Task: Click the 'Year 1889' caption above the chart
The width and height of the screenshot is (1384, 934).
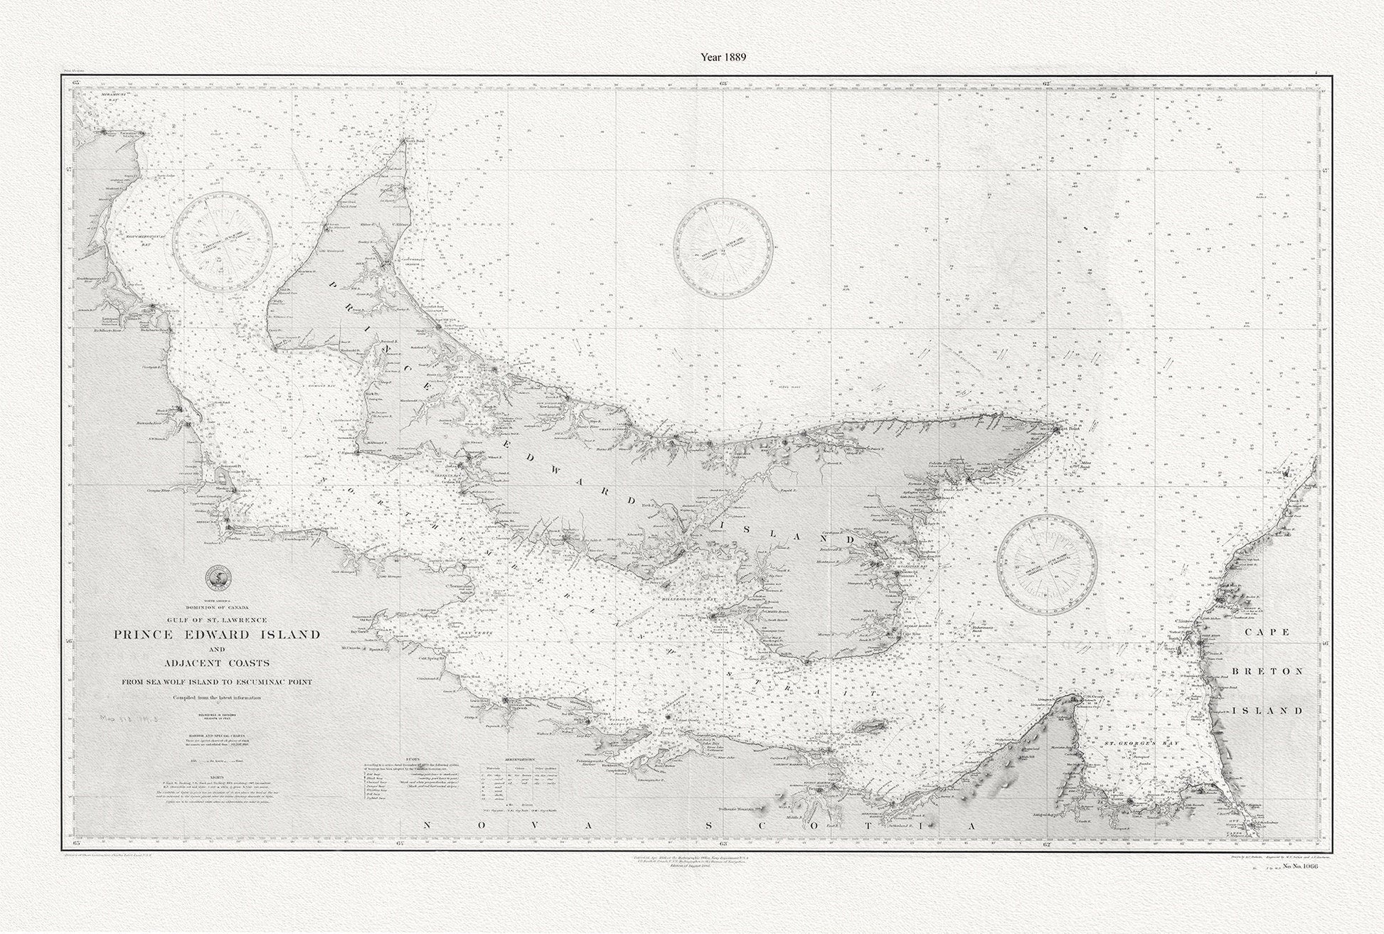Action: [x=722, y=56]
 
